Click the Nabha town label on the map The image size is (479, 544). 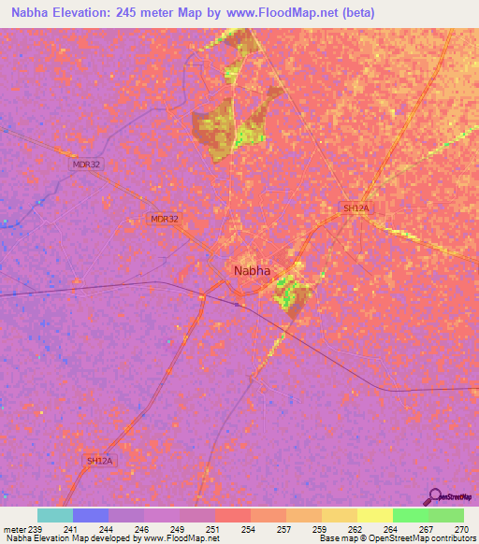pyautogui.click(x=252, y=271)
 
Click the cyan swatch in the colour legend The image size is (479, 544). pyautogui.click(x=55, y=515)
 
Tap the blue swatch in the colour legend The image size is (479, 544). pyautogui.click(x=91, y=515)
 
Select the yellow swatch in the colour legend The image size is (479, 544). pyautogui.click(x=374, y=515)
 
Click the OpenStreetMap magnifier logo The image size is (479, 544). pyautogui.click(x=435, y=496)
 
